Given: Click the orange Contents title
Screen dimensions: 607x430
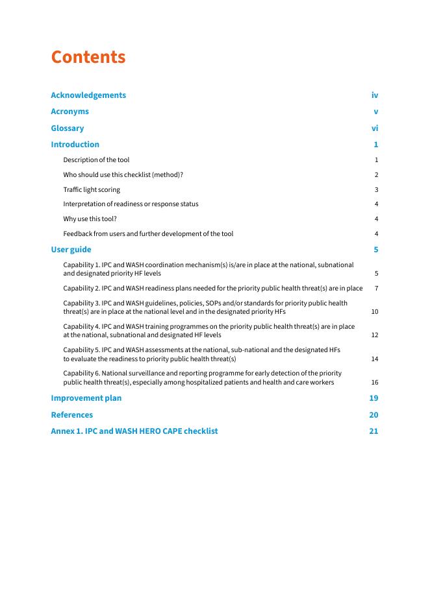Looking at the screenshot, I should tap(88, 57).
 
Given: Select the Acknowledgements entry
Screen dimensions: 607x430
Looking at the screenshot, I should tap(88, 95).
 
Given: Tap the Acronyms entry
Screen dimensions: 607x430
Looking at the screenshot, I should tap(70, 112).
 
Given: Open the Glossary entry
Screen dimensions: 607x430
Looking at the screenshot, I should tap(68, 128).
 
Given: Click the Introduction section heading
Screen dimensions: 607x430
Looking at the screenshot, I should tap(75, 145).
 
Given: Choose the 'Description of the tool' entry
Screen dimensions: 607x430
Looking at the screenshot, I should tap(96, 160).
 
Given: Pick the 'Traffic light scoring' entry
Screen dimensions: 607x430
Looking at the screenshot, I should tap(92, 189).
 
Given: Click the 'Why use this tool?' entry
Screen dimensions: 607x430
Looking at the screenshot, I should tap(90, 219).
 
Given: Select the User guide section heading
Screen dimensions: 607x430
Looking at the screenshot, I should tap(71, 250).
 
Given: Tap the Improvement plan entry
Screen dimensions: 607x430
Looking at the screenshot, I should tap(86, 398).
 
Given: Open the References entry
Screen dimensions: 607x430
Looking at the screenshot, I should tap(71, 415).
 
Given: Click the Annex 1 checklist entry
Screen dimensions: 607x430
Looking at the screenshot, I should tap(134, 431).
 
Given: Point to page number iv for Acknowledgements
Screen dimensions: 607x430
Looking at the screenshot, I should tap(375, 95).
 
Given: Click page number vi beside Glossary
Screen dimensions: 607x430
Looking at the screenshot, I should tap(375, 128).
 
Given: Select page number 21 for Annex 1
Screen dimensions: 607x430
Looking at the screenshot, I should tap(373, 431).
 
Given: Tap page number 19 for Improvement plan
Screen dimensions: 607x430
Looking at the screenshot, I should tap(373, 398).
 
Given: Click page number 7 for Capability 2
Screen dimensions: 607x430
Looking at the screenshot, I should tap(376, 288).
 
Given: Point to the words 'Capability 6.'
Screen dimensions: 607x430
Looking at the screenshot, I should tap(81, 374).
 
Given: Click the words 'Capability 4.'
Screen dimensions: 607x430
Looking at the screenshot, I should tap(81, 327).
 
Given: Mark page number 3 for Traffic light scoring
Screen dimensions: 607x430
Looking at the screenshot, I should tap(376, 190).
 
